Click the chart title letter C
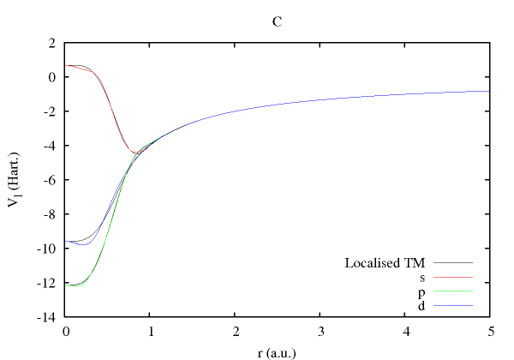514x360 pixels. point(277,22)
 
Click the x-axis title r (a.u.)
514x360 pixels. point(277,350)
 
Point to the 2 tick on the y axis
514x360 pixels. point(52,43)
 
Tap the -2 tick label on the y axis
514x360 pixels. point(50,111)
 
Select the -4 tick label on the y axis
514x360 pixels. point(50,146)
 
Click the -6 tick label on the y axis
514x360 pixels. point(50,180)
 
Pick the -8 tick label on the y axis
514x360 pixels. point(50,214)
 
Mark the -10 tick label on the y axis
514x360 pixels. point(47,249)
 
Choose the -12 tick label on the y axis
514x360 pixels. point(47,283)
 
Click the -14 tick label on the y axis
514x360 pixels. point(47,317)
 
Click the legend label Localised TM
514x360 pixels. point(385,262)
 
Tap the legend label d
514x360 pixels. point(421,305)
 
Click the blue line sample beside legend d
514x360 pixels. point(453,306)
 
